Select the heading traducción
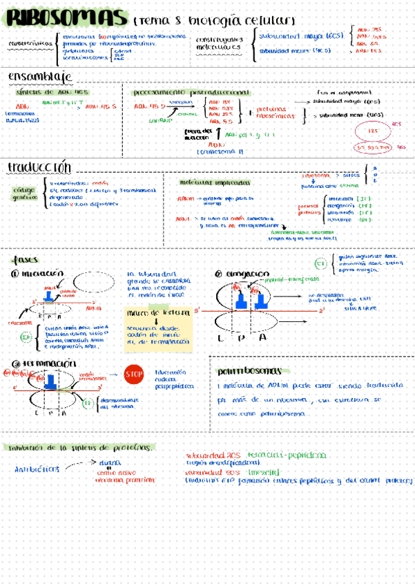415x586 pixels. pyautogui.click(x=39, y=168)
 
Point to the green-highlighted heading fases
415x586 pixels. pyautogui.click(x=28, y=260)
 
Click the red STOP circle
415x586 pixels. pyautogui.click(x=133, y=375)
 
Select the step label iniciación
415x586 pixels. pyautogui.click(x=41, y=274)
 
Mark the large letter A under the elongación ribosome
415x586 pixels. pyautogui.click(x=263, y=337)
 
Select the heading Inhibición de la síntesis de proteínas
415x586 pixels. pyautogui.click(x=80, y=447)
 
